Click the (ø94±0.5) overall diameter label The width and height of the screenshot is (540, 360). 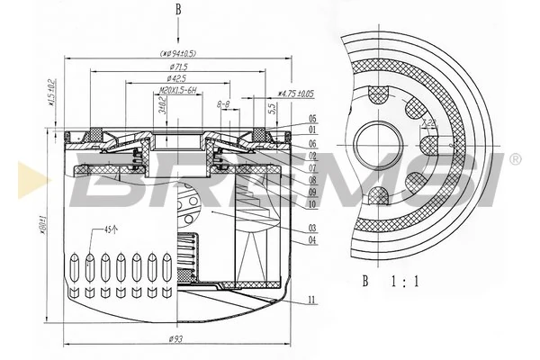pyautogui.click(x=178, y=53)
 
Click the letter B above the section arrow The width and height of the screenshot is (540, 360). pyautogui.click(x=178, y=10)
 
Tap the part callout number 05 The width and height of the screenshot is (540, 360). pyautogui.click(x=311, y=119)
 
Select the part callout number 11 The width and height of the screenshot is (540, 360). pyautogui.click(x=311, y=299)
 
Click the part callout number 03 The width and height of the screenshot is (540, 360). pyautogui.click(x=311, y=229)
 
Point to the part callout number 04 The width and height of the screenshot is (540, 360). pyautogui.click(x=311, y=240)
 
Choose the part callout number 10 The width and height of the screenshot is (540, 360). pyautogui.click(x=311, y=204)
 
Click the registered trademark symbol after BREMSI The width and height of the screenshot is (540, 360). pyautogui.click(x=515, y=159)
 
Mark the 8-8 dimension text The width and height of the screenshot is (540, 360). pyautogui.click(x=224, y=104)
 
